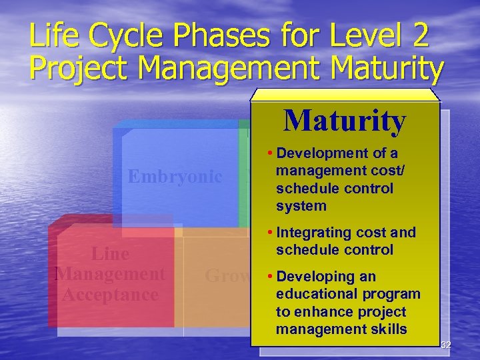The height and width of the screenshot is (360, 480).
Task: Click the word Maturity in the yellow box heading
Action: pyautogui.click(x=344, y=121)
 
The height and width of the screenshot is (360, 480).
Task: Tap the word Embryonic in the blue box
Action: pyautogui.click(x=175, y=177)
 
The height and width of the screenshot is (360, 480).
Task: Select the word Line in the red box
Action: pyautogui.click(x=110, y=254)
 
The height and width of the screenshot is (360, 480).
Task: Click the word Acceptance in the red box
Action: pyautogui.click(x=110, y=294)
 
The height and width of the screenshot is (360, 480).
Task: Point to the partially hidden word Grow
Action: pyautogui.click(x=227, y=276)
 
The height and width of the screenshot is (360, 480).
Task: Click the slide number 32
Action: pyautogui.click(x=445, y=345)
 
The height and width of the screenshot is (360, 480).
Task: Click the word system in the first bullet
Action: pyautogui.click(x=301, y=206)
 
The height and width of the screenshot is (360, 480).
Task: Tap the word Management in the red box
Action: pyautogui.click(x=110, y=274)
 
